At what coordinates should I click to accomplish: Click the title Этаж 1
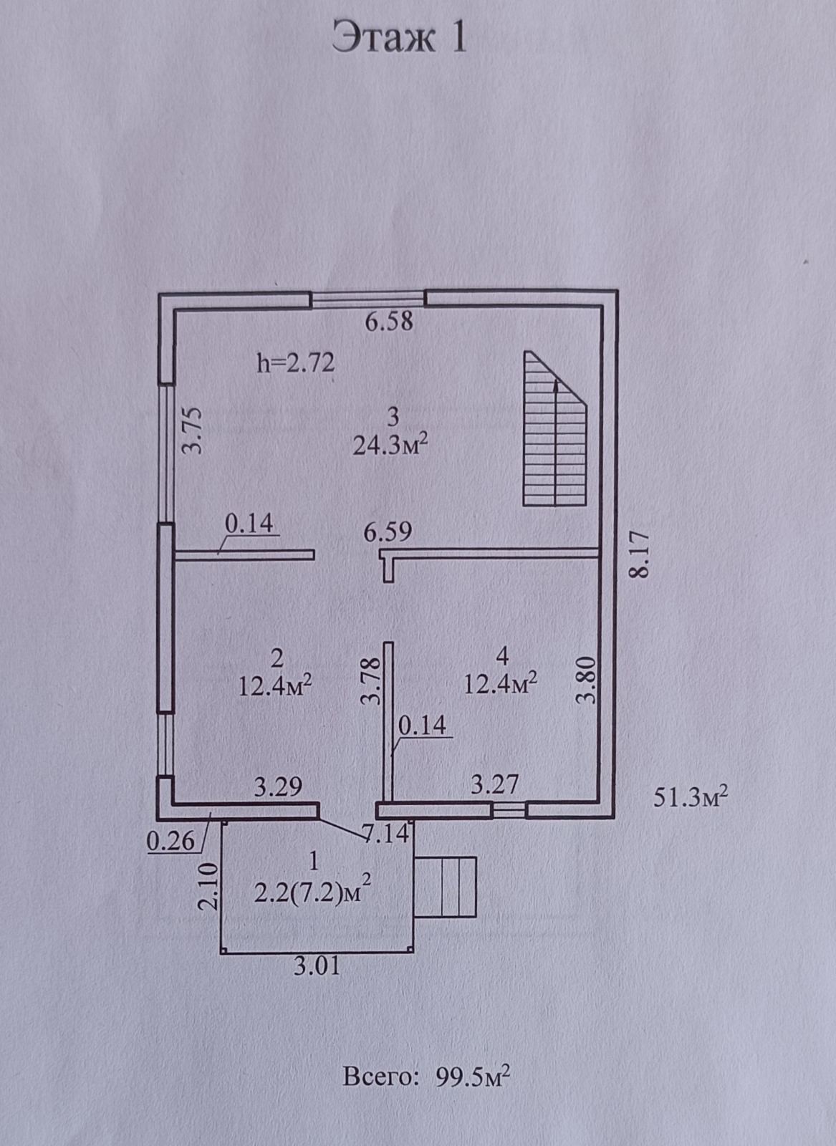coord(400,38)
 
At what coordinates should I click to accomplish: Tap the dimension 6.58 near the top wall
coord(389,322)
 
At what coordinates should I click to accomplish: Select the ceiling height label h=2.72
coord(295,364)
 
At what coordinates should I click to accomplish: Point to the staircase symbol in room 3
coord(555,430)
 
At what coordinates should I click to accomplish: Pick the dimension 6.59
coord(388,532)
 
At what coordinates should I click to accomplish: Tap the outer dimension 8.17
coord(640,553)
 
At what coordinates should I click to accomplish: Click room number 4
coord(501,655)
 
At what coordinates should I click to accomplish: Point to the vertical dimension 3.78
coord(370,682)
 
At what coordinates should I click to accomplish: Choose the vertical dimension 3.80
coord(587,680)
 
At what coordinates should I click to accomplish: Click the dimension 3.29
coord(278,787)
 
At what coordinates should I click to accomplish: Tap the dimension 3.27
coord(494,784)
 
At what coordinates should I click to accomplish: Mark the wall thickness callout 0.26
coord(170,841)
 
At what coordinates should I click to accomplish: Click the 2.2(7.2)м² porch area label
coord(313,892)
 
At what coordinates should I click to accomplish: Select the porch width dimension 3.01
coord(317,966)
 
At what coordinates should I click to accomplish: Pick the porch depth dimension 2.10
coord(207,886)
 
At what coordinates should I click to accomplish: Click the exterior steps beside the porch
coord(446,886)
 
